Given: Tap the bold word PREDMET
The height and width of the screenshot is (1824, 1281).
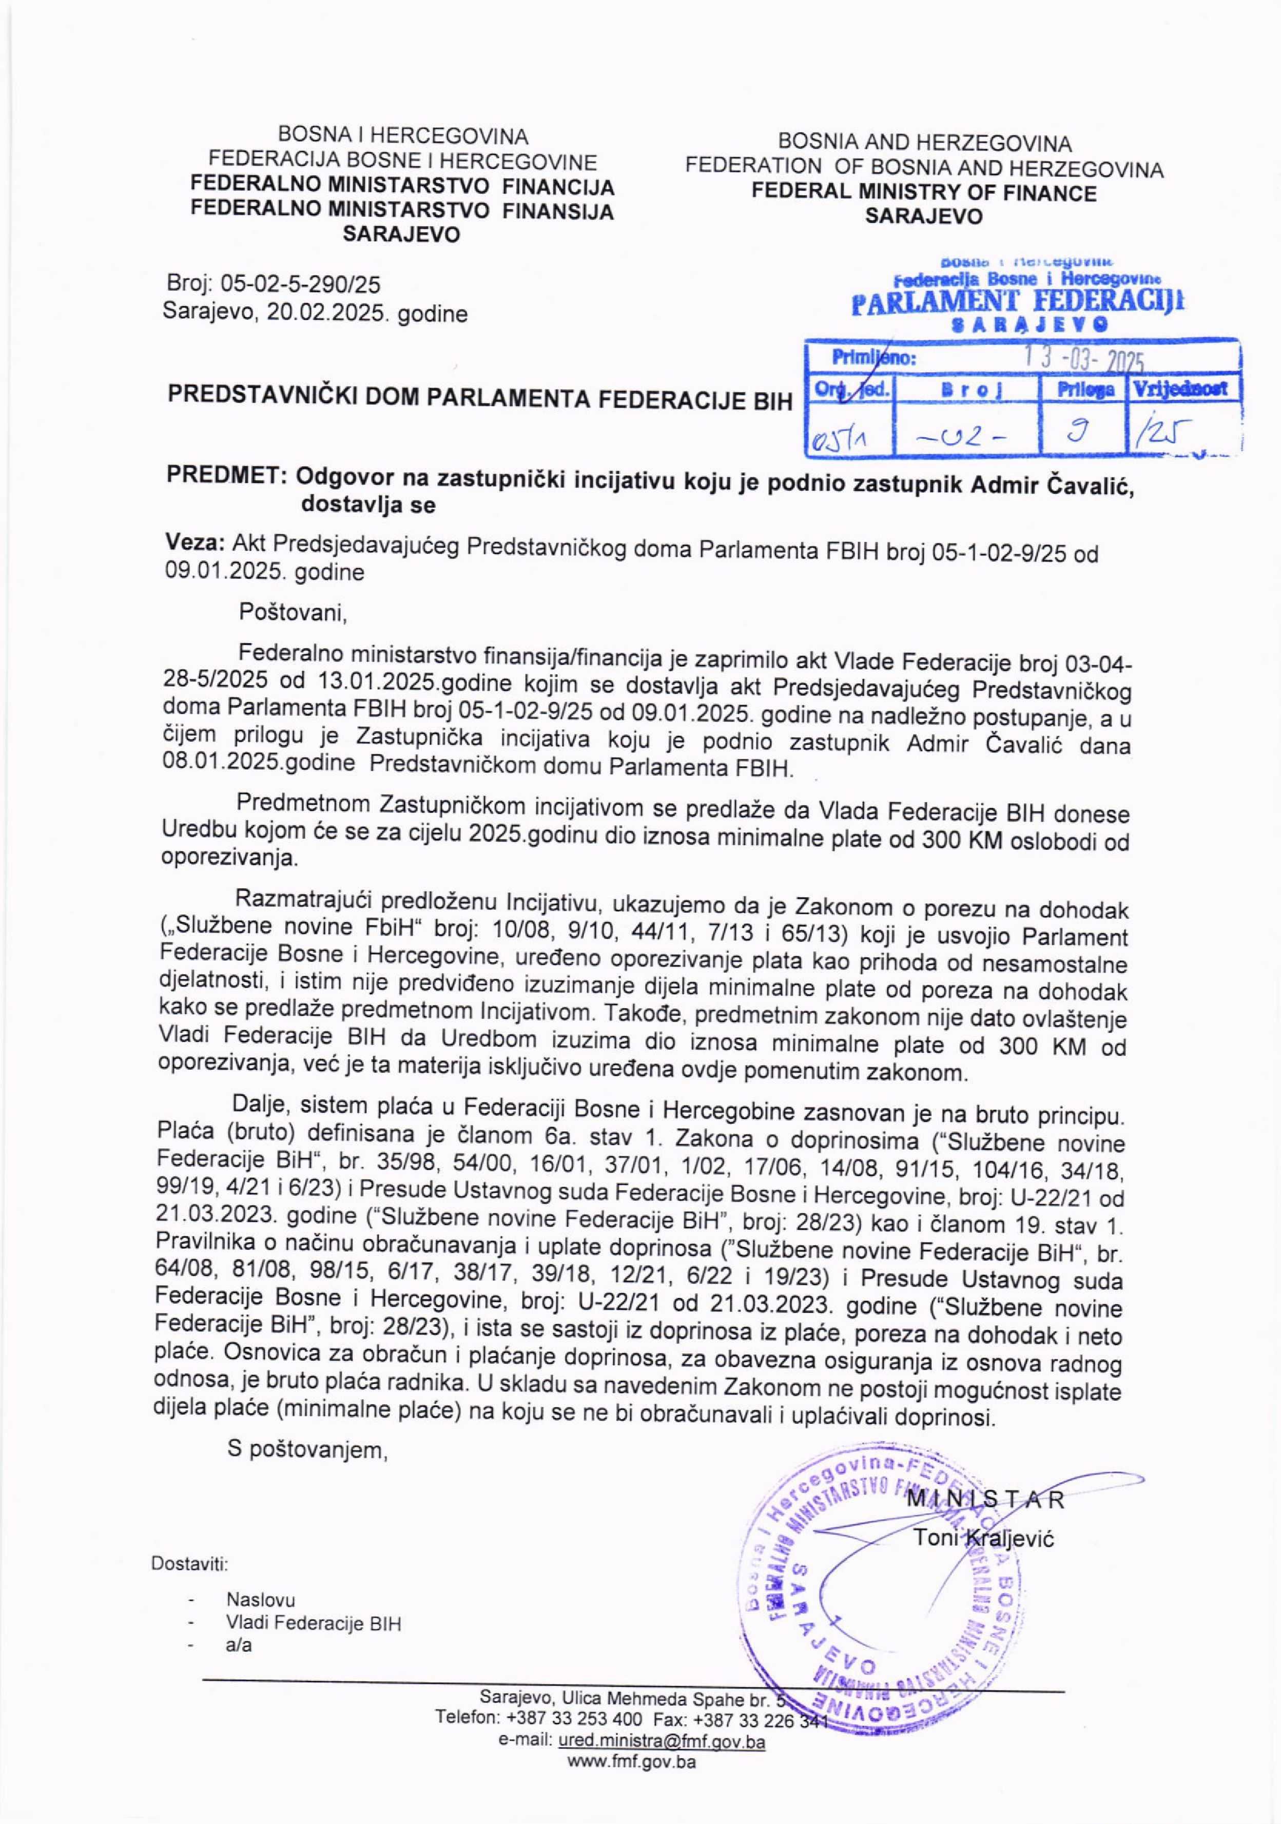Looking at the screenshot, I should coord(226,477).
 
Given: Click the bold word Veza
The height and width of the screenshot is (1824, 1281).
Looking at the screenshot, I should coord(194,544).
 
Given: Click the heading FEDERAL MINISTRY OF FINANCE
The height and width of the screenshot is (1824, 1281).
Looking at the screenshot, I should coord(924,192).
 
